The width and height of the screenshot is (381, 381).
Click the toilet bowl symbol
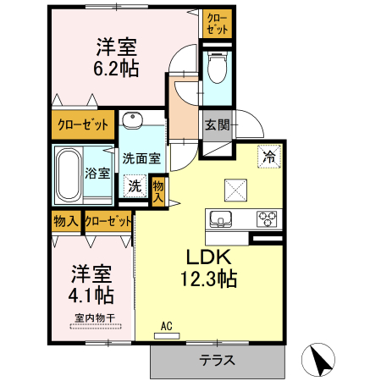216,67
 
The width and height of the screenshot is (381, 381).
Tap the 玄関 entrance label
217,125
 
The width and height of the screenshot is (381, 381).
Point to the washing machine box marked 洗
135,185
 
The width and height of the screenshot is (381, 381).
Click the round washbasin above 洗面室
130,119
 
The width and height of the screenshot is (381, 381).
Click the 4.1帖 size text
91,295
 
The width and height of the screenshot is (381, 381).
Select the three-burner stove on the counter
268,218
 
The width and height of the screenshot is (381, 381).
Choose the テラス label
217,360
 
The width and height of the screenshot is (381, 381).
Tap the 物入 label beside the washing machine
158,190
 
